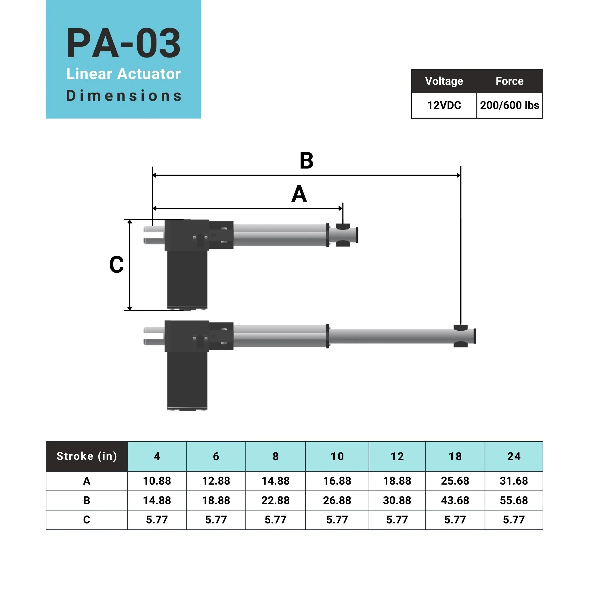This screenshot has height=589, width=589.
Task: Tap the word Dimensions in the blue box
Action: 123,96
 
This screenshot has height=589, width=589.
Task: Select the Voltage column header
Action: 444,81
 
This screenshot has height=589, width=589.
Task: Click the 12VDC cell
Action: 444,106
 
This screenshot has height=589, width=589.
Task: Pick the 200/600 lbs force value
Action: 509,106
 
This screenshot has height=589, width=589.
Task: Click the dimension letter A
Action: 299,194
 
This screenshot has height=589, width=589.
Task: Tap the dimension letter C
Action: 116,264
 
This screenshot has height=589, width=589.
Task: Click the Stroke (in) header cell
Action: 87,456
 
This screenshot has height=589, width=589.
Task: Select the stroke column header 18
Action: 455,456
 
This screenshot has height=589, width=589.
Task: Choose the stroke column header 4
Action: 157,456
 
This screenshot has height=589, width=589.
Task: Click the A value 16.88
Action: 337,481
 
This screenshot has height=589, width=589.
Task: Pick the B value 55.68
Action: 513,500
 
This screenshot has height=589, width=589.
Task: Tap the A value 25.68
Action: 455,481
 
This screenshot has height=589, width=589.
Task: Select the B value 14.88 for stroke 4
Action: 157,500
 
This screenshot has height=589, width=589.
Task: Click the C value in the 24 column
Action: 513,519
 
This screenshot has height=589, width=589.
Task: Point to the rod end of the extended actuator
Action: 463,336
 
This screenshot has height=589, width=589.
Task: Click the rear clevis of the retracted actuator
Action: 153,235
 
